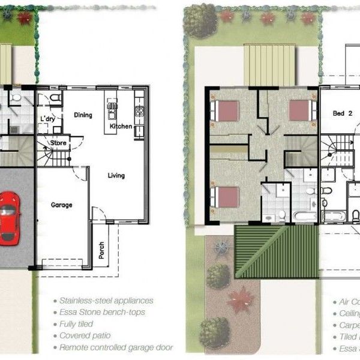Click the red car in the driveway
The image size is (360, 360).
(8, 217)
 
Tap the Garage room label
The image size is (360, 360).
(61, 205)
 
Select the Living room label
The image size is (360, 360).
(116, 176)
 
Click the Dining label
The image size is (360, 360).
(83, 115)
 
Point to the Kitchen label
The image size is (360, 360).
(121, 127)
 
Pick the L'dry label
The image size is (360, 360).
(47, 119)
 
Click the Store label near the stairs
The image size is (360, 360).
(58, 143)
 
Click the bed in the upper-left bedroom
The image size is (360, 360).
(225, 110)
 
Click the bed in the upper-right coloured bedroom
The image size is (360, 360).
(301, 110)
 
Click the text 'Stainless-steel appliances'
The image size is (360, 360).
(106, 301)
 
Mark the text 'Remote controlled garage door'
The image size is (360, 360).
(116, 347)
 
